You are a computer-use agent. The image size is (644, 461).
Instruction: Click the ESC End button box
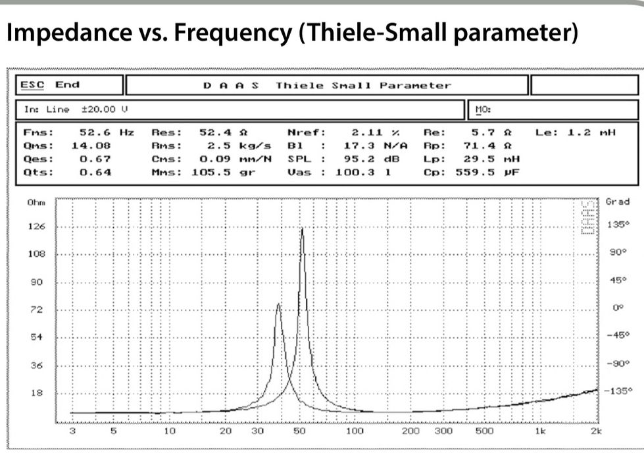click(x=69, y=85)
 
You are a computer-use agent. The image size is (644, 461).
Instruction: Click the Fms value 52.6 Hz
click(x=106, y=132)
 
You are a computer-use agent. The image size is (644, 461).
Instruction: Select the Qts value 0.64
click(x=95, y=173)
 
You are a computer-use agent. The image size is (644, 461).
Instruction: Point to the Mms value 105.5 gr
click(x=222, y=173)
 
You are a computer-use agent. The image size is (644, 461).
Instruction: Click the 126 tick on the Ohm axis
click(x=36, y=227)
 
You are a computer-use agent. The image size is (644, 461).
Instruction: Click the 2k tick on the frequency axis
click(x=596, y=432)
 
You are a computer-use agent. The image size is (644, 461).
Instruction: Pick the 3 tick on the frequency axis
click(x=72, y=432)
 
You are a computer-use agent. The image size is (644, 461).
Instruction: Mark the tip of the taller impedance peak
click(x=302, y=229)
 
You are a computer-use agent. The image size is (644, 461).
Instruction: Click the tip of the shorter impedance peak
click(x=278, y=304)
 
